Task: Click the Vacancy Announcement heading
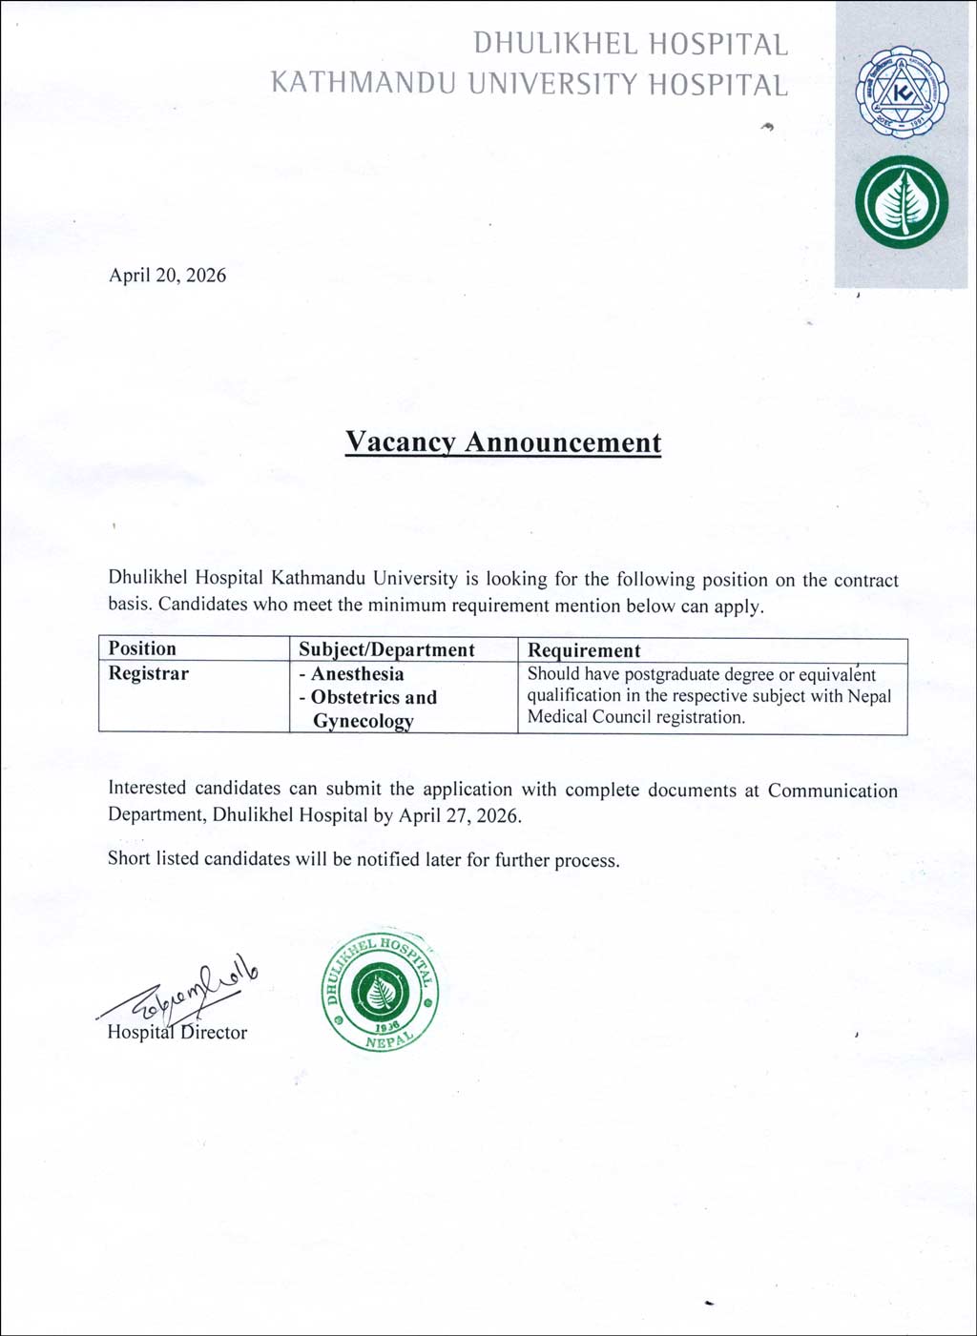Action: pyautogui.click(x=503, y=442)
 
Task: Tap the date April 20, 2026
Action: pyautogui.click(x=168, y=276)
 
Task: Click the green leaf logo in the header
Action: pyautogui.click(x=902, y=202)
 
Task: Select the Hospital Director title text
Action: pyautogui.click(x=177, y=1032)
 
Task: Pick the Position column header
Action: pyautogui.click(x=142, y=648)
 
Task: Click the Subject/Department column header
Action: pyautogui.click(x=386, y=649)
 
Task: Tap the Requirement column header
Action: pyautogui.click(x=584, y=650)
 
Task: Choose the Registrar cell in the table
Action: pyautogui.click(x=148, y=673)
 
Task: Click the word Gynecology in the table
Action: pyautogui.click(x=363, y=721)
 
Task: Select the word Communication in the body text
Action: pyautogui.click(x=832, y=791)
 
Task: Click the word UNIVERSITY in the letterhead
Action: pyautogui.click(x=554, y=85)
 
